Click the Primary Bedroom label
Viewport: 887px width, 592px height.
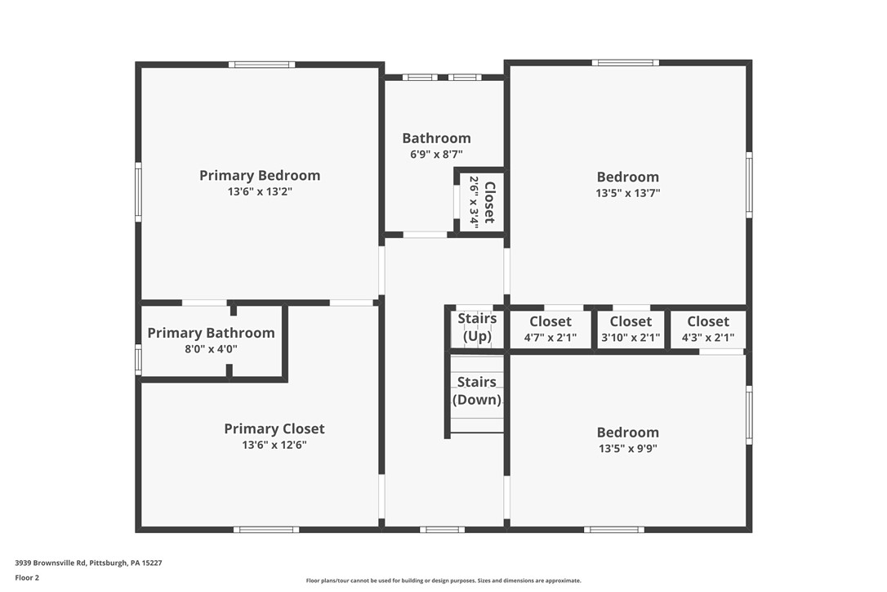(260, 175)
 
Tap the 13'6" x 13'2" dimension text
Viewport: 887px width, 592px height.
(260, 192)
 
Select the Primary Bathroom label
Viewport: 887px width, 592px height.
(211, 333)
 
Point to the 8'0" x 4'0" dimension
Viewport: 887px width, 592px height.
(211, 349)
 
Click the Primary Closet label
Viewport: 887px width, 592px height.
(274, 428)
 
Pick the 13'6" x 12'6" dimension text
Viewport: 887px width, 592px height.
(274, 446)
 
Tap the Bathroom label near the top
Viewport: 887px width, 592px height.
(436, 138)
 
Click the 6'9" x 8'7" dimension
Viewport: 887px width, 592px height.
(436, 154)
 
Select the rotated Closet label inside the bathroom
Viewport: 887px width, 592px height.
(489, 202)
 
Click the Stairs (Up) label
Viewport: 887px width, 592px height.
(477, 327)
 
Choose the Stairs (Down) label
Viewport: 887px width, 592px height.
(477, 391)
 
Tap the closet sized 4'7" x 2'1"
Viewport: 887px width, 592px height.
(550, 329)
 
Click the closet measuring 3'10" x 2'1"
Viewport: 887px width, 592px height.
(631, 329)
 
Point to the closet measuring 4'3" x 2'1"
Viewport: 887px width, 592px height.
(708, 329)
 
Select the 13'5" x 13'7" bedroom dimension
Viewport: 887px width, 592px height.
(627, 194)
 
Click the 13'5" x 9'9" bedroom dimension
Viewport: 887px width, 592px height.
(627, 449)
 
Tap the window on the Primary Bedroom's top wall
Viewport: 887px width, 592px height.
(261, 64)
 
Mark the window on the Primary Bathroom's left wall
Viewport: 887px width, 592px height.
(138, 359)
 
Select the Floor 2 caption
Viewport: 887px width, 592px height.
(27, 577)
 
